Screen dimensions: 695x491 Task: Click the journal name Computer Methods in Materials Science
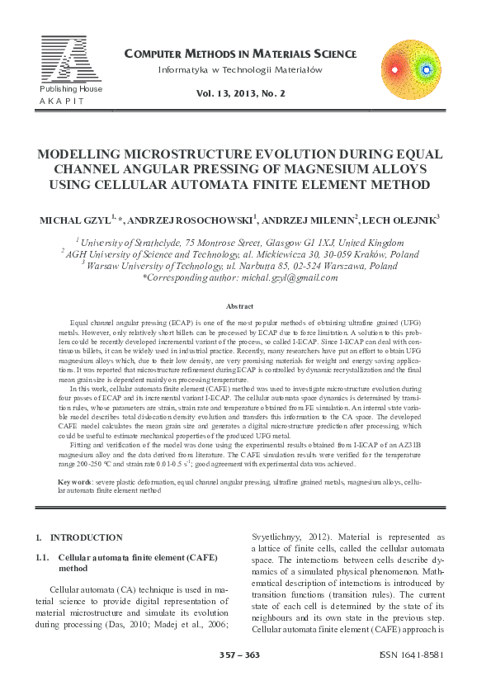point(240,54)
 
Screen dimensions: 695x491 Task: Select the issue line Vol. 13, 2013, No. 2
point(240,95)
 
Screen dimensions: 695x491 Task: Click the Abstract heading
point(238,306)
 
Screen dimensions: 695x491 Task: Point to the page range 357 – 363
point(239,655)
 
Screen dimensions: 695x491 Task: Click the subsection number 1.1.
point(44,558)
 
